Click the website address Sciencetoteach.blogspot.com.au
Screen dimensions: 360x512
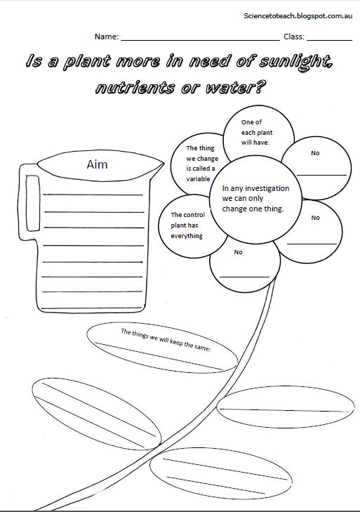(298, 15)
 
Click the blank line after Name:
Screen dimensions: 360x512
(201, 40)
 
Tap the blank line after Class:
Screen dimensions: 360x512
(330, 40)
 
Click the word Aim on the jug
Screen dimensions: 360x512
(97, 164)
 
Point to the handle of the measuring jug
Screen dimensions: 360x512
(29, 202)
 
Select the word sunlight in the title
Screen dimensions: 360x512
(295, 62)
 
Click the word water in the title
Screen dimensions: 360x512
(234, 88)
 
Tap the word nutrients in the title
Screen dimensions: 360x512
(135, 88)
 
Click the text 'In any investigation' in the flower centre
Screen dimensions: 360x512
(255, 188)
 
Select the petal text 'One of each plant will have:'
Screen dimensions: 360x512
(257, 132)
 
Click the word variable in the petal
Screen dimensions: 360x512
(198, 179)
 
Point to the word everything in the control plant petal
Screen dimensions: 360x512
(187, 236)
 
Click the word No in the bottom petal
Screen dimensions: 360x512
(239, 252)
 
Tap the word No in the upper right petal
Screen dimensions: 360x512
(315, 153)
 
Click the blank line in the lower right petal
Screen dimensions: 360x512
(312, 244)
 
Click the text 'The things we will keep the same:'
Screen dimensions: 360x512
(166, 340)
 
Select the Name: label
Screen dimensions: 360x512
(107, 37)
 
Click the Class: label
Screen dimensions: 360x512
(294, 37)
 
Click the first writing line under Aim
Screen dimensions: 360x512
(93, 195)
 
